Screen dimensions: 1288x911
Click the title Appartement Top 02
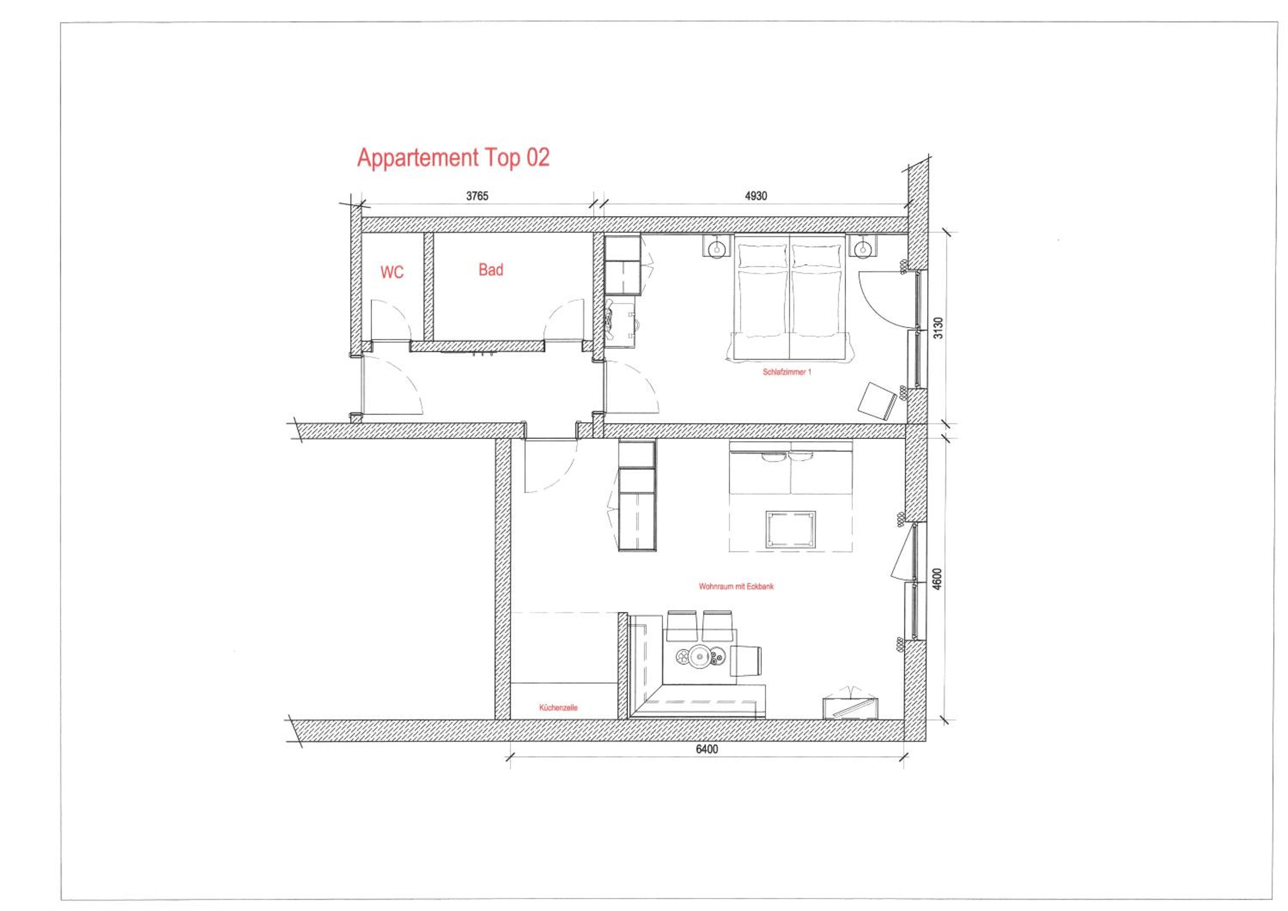click(x=453, y=158)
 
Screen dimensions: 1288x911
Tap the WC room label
click(x=392, y=272)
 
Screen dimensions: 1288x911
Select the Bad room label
click(x=491, y=270)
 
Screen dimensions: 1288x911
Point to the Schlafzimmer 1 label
click(x=787, y=372)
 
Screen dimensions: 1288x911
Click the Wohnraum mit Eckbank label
click(x=736, y=586)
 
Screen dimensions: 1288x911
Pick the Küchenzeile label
click(x=558, y=708)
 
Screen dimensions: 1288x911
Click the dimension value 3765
click(x=477, y=196)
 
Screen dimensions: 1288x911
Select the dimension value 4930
click(x=756, y=196)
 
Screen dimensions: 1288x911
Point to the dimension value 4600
click(x=937, y=580)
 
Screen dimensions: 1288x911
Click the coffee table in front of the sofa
click(x=790, y=529)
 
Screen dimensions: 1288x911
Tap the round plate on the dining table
click(x=701, y=656)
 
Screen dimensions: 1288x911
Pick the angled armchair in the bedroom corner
click(x=876, y=401)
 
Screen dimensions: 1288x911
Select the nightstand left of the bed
click(x=717, y=246)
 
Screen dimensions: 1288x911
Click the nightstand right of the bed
click(x=862, y=246)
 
